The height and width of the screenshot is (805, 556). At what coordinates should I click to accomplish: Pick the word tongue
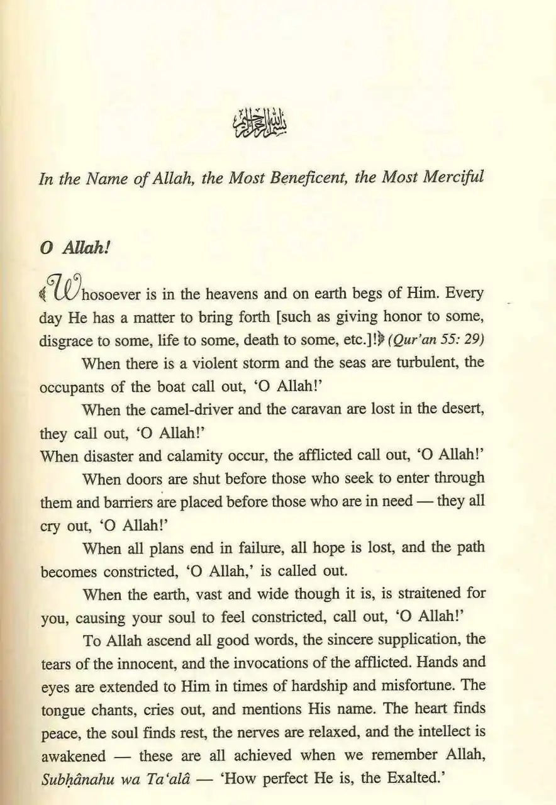61,709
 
